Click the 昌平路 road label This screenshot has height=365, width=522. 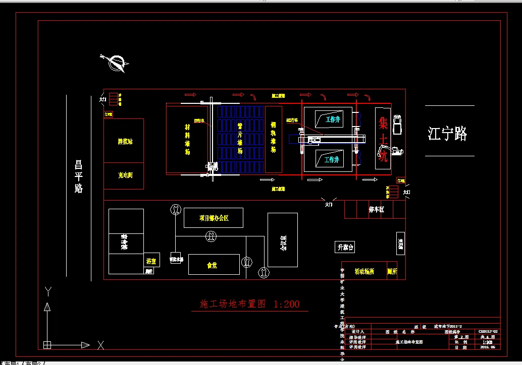point(78,176)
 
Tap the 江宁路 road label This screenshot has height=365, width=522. point(447,134)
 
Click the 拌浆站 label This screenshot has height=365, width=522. point(125,142)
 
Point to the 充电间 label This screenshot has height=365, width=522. point(125,175)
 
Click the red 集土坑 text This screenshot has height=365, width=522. point(383,139)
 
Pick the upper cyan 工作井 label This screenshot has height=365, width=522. point(332,120)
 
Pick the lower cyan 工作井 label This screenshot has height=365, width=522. point(332,160)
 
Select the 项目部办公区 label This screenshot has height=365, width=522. point(214,218)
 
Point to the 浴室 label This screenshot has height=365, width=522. point(151,261)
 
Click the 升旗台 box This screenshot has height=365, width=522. point(346,247)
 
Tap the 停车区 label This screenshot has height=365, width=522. point(376,210)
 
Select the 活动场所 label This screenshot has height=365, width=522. point(363,271)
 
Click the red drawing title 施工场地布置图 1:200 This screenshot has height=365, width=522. point(250,304)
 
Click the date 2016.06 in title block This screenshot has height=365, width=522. point(488,347)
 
